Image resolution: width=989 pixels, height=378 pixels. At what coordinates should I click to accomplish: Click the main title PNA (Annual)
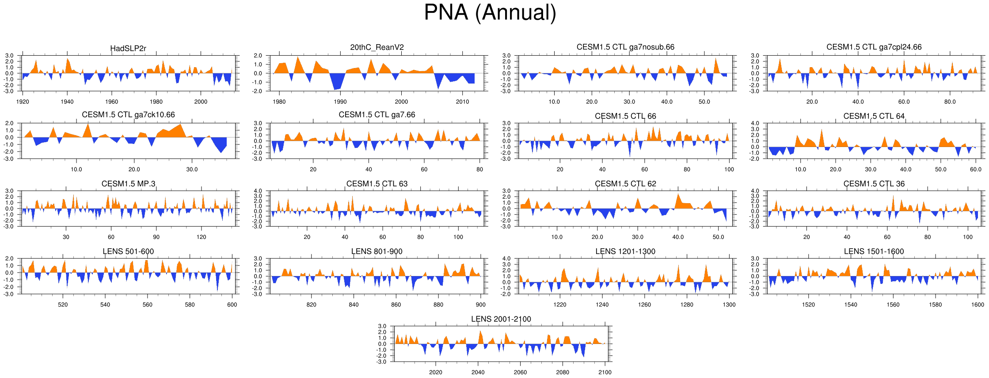point(490,12)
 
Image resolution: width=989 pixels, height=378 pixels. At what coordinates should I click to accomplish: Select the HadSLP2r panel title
point(128,48)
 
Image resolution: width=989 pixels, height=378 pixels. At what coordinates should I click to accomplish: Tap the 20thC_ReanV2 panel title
point(377,47)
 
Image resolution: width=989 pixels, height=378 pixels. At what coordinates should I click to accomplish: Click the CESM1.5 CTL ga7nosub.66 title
point(625,47)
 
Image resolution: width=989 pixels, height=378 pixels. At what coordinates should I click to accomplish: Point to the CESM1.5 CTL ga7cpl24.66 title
point(874,47)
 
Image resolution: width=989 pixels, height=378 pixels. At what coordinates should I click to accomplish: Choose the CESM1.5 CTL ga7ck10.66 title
point(128,115)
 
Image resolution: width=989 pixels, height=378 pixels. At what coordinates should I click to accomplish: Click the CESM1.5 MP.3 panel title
point(128,184)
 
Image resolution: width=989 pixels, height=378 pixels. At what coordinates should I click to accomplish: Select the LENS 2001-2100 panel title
point(501,319)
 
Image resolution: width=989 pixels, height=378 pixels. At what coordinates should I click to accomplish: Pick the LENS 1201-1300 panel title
point(625,251)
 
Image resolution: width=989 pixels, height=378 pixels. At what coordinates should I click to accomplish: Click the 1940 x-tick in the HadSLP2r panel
point(67,102)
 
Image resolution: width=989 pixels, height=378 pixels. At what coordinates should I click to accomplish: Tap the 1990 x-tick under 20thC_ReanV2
point(340,102)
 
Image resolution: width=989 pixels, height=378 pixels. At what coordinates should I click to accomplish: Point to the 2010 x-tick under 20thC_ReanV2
point(463,102)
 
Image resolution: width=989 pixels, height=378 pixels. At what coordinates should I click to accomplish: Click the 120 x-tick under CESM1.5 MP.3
point(202,237)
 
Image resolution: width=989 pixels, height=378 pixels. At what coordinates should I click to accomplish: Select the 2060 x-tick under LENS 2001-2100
point(520,372)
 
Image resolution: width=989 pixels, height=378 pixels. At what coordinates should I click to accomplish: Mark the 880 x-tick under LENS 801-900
point(438,305)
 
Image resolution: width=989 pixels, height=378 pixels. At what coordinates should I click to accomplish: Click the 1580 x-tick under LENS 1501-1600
point(935,305)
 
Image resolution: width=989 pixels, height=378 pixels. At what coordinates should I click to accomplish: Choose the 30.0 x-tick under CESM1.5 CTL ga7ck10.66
point(192,169)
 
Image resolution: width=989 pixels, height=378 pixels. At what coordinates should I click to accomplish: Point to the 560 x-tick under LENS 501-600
point(147,305)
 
